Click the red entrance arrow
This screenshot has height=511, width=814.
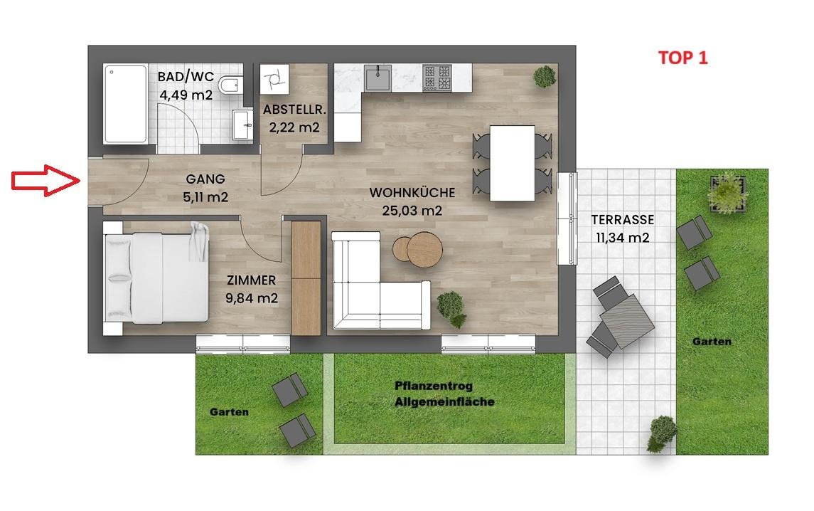45,180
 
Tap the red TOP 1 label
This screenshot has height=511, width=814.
682,58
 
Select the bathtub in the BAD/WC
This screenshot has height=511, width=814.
125,103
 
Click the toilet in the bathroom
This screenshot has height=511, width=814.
230,85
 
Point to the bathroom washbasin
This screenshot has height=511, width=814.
242,125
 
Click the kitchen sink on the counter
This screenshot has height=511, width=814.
378,78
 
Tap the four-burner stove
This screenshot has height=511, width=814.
437,78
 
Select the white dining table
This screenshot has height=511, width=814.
513,163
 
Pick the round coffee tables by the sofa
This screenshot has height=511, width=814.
418,249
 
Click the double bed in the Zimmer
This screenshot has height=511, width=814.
157,278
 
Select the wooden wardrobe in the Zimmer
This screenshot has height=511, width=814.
306,278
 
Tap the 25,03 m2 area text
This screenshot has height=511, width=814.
412,211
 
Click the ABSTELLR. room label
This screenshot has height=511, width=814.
294,110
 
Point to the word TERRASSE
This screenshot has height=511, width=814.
623,219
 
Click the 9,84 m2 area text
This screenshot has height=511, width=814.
252,298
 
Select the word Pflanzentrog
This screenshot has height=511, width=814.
434,386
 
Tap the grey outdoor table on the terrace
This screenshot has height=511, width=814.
626,321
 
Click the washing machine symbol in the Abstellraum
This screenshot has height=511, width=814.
274,79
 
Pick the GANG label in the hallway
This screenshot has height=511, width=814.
205,179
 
